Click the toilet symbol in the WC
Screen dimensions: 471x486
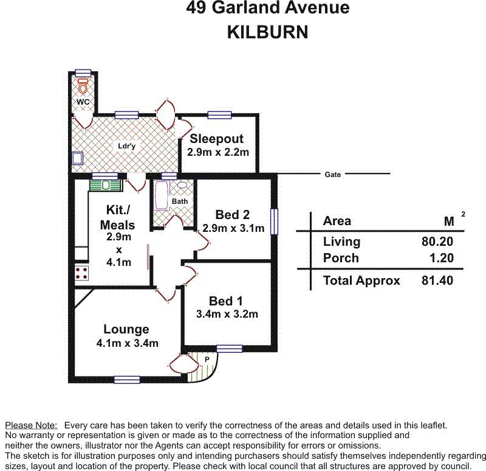(83, 86)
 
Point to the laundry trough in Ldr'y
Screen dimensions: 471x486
(78, 159)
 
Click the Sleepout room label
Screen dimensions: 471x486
(217, 139)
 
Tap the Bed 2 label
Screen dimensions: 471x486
(232, 215)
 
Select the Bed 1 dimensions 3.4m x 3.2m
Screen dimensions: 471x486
(227, 315)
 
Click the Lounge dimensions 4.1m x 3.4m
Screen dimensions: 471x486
(127, 343)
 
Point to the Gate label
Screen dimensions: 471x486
(332, 175)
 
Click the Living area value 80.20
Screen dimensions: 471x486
(437, 242)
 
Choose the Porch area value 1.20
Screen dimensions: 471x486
(441, 258)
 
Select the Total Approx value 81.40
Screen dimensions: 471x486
(437, 281)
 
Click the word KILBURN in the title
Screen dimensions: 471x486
(267, 32)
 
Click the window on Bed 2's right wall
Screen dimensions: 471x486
(274, 222)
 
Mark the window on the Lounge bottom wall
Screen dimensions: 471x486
(126, 380)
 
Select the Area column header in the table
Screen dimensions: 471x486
(337, 221)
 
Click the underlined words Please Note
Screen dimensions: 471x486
(31, 425)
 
